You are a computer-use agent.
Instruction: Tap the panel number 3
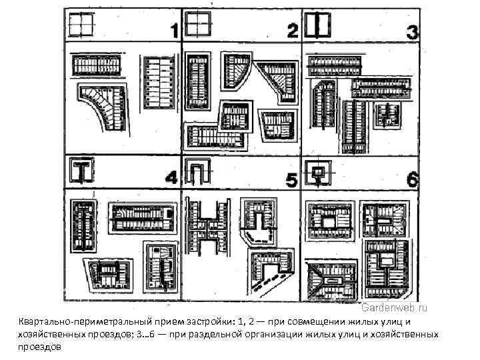point(412,31)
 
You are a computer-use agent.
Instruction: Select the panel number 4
point(171,178)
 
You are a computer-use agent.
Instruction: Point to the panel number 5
point(291,179)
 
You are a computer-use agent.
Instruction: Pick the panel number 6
point(412,179)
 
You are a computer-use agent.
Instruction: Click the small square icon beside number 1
point(79,25)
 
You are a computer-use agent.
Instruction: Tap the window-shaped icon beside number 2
point(198,25)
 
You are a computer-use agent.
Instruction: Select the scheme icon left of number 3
point(318,25)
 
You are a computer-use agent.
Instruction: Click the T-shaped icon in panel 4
point(81,171)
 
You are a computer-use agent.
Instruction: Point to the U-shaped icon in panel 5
point(198,171)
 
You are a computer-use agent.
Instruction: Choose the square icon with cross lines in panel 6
point(317,171)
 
